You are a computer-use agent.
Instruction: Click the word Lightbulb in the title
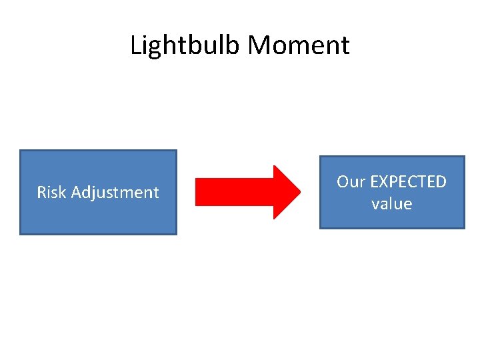[x=185, y=45]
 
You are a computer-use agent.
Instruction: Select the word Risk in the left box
[x=51, y=193]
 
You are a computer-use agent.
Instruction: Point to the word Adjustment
[x=115, y=193]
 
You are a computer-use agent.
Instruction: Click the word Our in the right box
[x=351, y=182]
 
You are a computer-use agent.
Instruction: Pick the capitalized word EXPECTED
[x=407, y=182]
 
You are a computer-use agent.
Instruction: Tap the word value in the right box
[x=391, y=204]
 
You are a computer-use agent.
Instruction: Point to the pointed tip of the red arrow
[x=301, y=192]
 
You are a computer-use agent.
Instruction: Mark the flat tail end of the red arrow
[x=196, y=192]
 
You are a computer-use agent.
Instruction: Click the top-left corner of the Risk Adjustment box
[x=21, y=151]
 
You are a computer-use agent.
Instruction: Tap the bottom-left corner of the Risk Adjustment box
[x=21, y=234]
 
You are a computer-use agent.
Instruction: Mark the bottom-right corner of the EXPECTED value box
[x=464, y=228]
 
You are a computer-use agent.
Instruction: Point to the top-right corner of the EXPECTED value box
[x=464, y=157]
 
